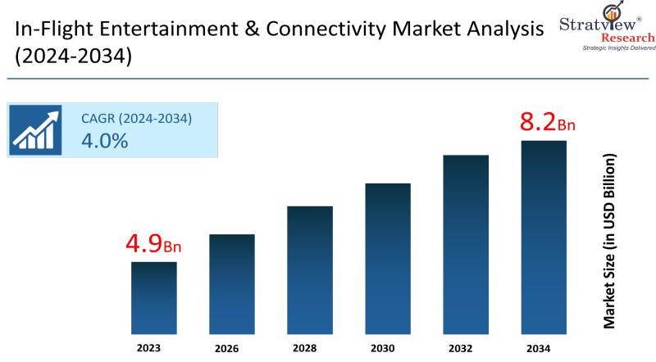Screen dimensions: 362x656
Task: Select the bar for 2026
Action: pos(232,284)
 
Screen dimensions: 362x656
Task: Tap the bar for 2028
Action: pos(310,270)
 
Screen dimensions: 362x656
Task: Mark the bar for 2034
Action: pos(544,238)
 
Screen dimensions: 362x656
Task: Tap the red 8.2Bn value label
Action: pos(548,124)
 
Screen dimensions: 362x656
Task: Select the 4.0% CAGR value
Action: pos(104,141)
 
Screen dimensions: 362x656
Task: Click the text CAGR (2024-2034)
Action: pos(136,119)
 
